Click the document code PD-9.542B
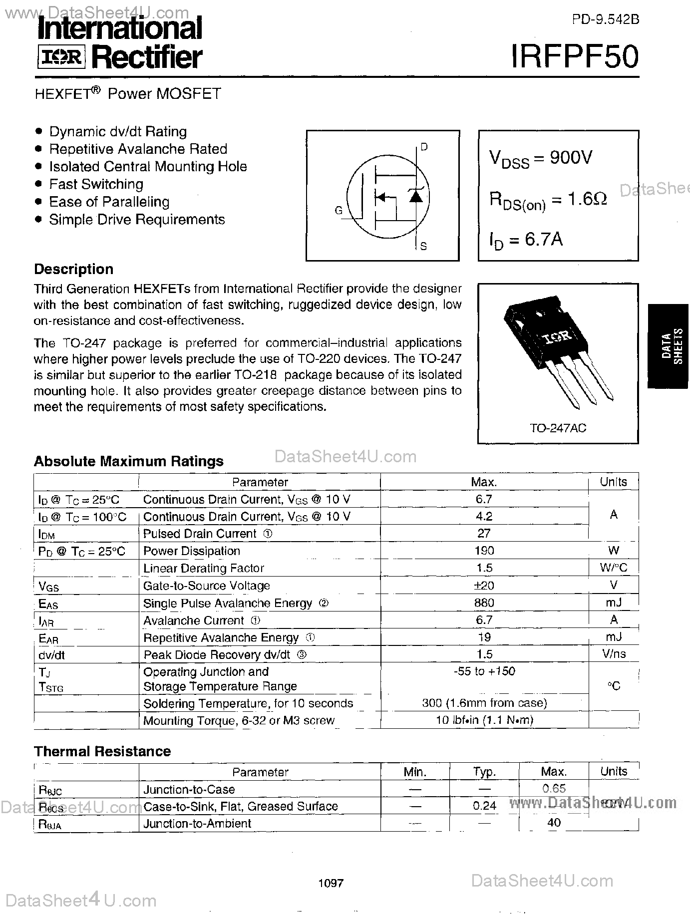click(605, 19)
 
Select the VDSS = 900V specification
click(541, 158)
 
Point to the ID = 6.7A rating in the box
click(526, 240)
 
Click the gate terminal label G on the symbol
click(339, 211)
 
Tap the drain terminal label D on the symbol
click(424, 147)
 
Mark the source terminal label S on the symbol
click(423, 246)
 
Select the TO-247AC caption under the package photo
click(558, 428)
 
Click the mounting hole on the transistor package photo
click(539, 314)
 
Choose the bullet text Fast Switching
click(96, 184)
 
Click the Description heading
click(73, 269)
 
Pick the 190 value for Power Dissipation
click(484, 551)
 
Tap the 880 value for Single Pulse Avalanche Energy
click(484, 603)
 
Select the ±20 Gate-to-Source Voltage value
click(484, 585)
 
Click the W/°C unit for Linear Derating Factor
click(613, 568)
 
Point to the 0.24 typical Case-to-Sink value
click(484, 806)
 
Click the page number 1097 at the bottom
click(331, 883)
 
